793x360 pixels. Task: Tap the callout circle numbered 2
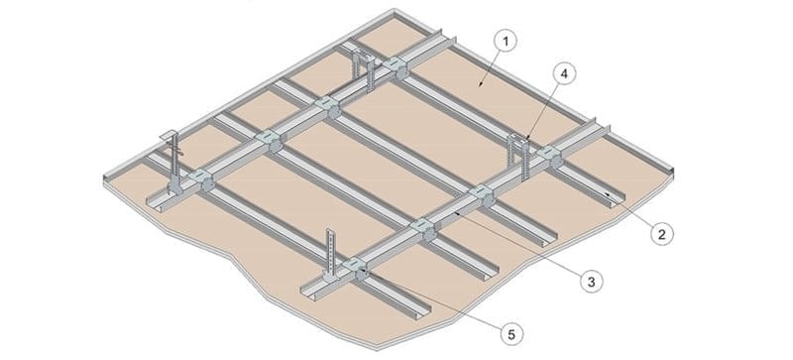coord(661,234)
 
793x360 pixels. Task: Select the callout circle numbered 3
coord(591,281)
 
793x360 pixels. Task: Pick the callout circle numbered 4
coord(563,74)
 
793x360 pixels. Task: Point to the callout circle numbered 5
coord(512,333)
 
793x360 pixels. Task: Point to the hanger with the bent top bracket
coord(172,161)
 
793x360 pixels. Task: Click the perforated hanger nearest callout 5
coord(330,256)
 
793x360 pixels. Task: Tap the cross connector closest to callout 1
coord(395,67)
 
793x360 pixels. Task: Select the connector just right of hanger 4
coord(550,156)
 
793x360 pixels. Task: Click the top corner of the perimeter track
coord(394,10)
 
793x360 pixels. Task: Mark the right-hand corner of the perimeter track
coord(672,172)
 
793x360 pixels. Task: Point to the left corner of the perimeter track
coord(105,178)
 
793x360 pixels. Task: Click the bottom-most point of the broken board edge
coord(378,349)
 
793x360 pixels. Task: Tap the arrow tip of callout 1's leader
coord(479,86)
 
